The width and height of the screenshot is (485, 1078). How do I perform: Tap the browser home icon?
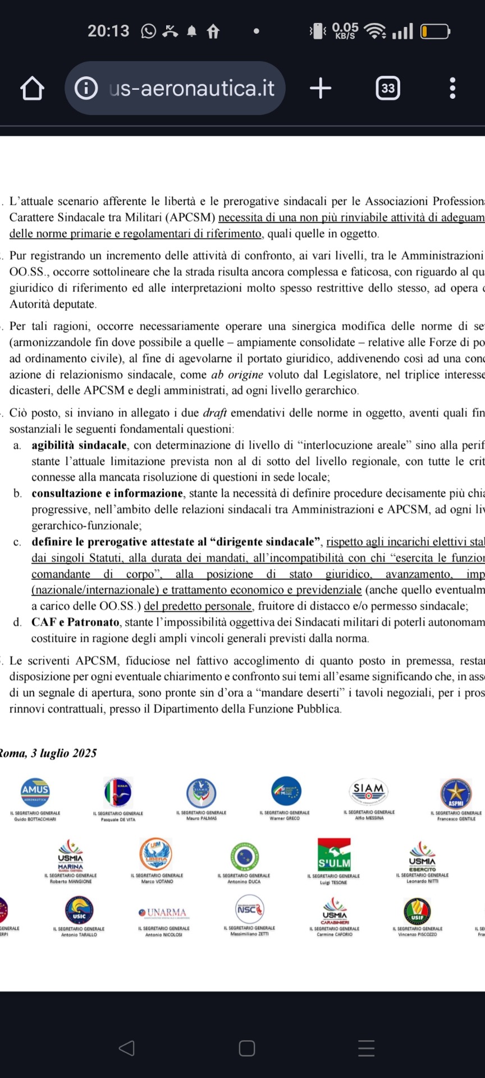pos(32,88)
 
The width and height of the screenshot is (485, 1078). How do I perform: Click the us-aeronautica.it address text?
pos(191,88)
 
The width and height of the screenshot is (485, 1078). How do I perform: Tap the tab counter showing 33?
pos(387,88)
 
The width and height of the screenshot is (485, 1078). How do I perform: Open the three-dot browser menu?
pos(452,88)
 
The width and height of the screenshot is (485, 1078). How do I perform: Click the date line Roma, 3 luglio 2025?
pos(48,753)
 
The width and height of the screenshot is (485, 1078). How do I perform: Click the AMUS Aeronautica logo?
pos(35,792)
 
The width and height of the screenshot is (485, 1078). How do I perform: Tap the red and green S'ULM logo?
pos(334,854)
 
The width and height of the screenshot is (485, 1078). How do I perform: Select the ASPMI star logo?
pos(456,793)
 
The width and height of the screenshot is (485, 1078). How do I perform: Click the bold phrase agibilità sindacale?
pos(79,445)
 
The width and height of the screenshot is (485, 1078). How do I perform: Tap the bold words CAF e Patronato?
pos(75,622)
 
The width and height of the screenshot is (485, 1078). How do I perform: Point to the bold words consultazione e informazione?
pos(107,494)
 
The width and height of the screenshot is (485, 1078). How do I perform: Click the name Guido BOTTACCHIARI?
pos(35,819)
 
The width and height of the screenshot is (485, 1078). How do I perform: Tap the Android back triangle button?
pos(127,1048)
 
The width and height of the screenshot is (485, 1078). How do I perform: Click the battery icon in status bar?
pos(435,31)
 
